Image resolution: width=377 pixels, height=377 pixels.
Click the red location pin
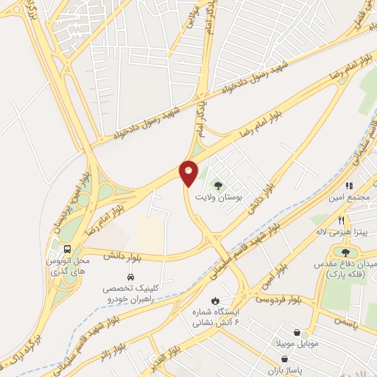[189, 172]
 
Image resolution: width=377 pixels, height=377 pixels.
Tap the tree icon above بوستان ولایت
[216, 184]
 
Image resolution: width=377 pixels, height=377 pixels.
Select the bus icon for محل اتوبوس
[67, 249]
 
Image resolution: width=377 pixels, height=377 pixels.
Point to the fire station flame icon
[214, 300]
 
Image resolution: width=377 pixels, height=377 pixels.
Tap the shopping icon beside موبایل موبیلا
[296, 333]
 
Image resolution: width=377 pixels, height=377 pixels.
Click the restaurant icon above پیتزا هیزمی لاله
[341, 219]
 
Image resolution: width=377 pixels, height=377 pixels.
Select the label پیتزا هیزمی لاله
[342, 231]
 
